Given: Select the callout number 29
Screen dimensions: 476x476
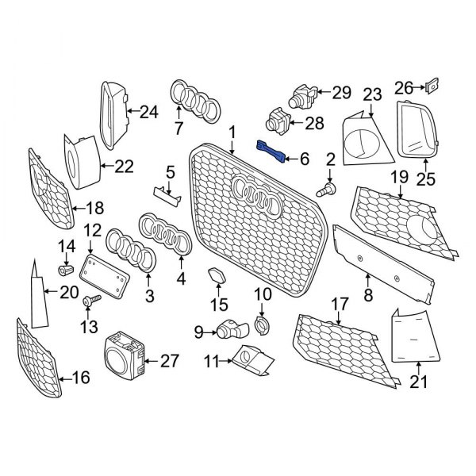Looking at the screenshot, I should coord(341,93).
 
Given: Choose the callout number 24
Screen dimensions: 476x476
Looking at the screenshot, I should coord(148,113).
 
